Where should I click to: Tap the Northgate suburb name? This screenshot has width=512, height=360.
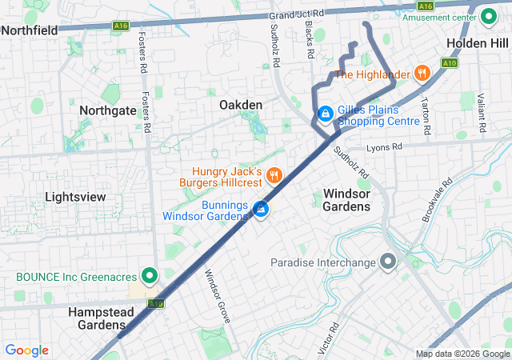[x=108, y=111]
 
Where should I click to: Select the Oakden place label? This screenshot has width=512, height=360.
[x=241, y=105]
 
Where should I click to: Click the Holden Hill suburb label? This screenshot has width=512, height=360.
[x=478, y=43]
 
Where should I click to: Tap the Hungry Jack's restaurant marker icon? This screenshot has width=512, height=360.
[x=274, y=174]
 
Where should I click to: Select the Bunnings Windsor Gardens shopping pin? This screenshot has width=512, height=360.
[x=261, y=210]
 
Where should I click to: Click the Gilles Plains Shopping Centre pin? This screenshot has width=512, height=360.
[x=325, y=114]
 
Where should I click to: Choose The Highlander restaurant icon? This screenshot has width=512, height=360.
[x=422, y=74]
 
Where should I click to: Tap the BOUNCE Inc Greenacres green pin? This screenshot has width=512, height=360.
[x=149, y=277]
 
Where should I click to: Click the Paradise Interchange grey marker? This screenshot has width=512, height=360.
[x=389, y=262]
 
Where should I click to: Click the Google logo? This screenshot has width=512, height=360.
[x=26, y=350]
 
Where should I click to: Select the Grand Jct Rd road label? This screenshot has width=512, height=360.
[x=298, y=15]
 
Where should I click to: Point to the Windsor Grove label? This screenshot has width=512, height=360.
[x=217, y=296]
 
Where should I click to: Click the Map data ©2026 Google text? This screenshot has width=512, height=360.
[x=462, y=354]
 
